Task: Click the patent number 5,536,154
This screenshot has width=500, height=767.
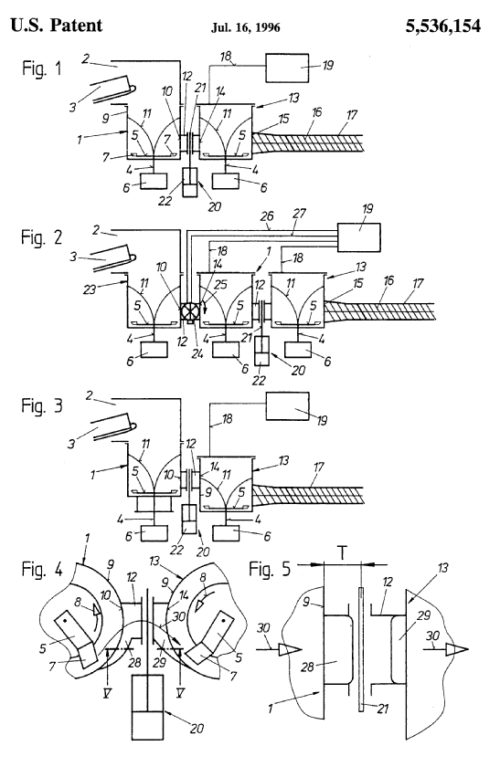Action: coord(442,26)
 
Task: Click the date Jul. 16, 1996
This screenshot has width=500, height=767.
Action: coord(246,27)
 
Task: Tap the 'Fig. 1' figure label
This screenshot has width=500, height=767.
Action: coord(42,68)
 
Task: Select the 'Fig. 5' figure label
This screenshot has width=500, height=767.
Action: coord(270,569)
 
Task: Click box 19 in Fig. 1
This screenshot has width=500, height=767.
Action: coord(287,68)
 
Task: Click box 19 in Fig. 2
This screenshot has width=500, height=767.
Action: coord(358,237)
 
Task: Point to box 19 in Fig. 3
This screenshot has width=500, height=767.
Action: coord(287,405)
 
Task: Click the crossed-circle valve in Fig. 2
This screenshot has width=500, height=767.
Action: coord(189,310)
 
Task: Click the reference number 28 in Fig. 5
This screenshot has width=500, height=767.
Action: coord(308,666)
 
